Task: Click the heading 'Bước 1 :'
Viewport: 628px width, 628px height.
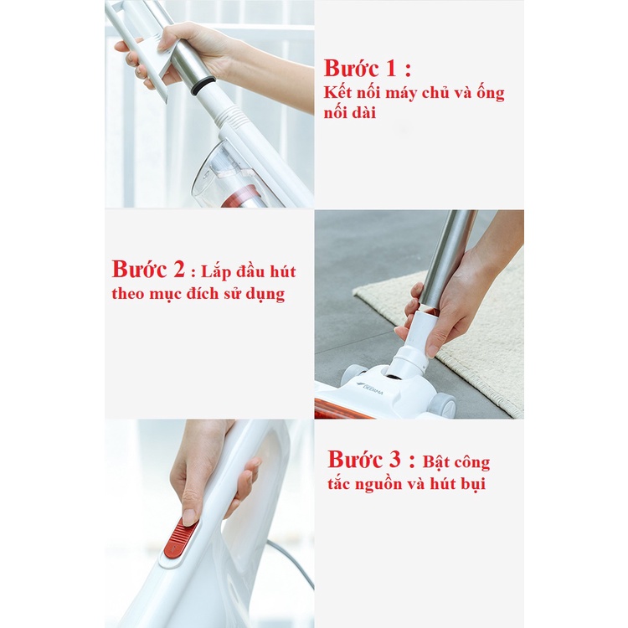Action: pyautogui.click(x=368, y=69)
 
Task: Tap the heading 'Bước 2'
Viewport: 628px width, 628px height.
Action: pyautogui.click(x=148, y=269)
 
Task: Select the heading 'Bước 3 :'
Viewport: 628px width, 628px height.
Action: pyautogui.click(x=371, y=459)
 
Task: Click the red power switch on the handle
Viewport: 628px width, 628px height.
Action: pyautogui.click(x=181, y=538)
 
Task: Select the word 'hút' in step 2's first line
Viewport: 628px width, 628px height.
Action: pyautogui.click(x=282, y=271)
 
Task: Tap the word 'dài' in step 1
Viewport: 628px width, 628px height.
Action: pyautogui.click(x=365, y=112)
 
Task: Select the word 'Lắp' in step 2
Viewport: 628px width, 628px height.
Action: pyautogui.click(x=216, y=272)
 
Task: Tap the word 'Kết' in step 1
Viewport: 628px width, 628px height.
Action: pyautogui.click(x=337, y=92)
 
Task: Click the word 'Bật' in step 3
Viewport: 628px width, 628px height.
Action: pyautogui.click(x=437, y=461)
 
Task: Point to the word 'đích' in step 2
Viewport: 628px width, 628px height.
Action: pyautogui.click(x=214, y=293)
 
